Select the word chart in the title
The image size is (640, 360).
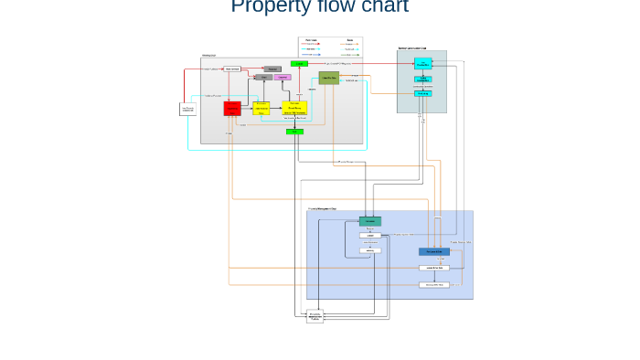(379, 7)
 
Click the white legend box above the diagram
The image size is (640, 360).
(331, 48)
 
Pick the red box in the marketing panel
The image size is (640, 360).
(232, 109)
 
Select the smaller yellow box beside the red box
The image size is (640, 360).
(261, 109)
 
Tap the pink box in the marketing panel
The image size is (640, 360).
(283, 78)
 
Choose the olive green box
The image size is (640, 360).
(329, 78)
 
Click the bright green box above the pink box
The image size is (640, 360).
(298, 64)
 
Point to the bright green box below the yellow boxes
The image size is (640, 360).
(294, 132)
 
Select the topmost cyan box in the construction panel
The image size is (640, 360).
(422, 63)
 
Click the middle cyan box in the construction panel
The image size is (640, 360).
(422, 79)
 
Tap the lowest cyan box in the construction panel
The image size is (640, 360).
(422, 93)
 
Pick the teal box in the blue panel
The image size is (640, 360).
(370, 221)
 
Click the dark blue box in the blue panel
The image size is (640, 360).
(434, 251)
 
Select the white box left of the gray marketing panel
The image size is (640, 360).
(187, 110)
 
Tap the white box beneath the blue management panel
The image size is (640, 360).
(315, 317)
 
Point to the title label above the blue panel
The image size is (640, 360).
(322, 209)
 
